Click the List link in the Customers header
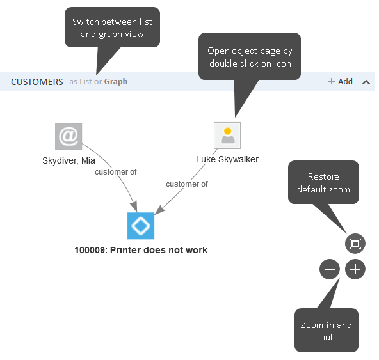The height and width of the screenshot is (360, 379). point(86,82)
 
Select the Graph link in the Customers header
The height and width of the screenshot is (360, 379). point(116,82)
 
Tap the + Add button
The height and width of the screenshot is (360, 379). point(341,81)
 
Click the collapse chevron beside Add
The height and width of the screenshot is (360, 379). point(366,82)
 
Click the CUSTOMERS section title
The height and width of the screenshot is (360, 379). point(36,82)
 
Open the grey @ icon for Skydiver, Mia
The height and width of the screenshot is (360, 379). point(69,136)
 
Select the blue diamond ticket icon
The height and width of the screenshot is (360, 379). point(141,226)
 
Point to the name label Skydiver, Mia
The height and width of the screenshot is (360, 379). point(69,160)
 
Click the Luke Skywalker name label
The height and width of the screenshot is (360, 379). point(227,159)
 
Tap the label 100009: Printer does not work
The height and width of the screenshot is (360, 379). point(141,250)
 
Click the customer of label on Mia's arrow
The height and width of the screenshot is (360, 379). point(116,172)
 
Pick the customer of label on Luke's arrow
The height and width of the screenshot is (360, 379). point(187,184)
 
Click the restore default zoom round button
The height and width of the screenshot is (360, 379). point(355,244)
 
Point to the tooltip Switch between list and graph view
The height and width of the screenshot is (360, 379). point(113,27)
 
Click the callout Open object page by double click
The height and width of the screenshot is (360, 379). point(250,57)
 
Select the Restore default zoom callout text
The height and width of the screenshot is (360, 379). point(324,183)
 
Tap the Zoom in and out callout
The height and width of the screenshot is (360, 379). point(327,331)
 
